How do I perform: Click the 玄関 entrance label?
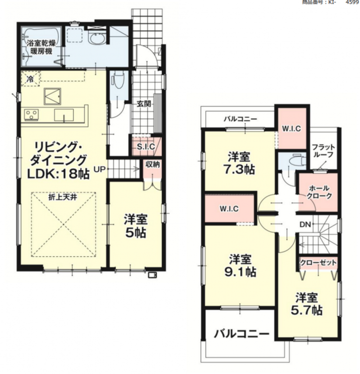pos(144,104)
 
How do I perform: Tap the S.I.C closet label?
pos(146,147)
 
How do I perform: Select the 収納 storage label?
pos(153,164)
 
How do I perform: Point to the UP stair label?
pos(99,170)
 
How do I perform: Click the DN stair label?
pos(305,224)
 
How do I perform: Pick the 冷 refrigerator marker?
pos(30,79)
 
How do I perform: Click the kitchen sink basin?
pos(64,116)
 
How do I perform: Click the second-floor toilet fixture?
pos(297,161)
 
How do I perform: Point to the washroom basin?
pos(97,38)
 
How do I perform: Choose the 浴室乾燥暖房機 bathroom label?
pos(41,47)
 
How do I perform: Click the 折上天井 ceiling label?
pos(63,197)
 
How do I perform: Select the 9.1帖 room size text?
pos(240,272)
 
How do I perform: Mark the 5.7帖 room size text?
pos(307,310)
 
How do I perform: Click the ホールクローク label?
pos(319,192)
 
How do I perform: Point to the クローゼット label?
pos(318,263)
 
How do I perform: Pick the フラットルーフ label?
pos(324,151)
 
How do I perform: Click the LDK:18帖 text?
pos(58,174)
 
